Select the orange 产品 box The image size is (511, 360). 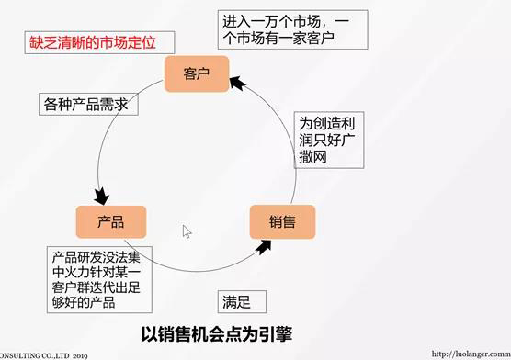click(x=111, y=221)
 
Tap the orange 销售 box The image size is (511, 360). click(x=282, y=222)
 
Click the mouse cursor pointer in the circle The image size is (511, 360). click(x=187, y=231)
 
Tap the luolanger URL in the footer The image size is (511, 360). click(x=470, y=353)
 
